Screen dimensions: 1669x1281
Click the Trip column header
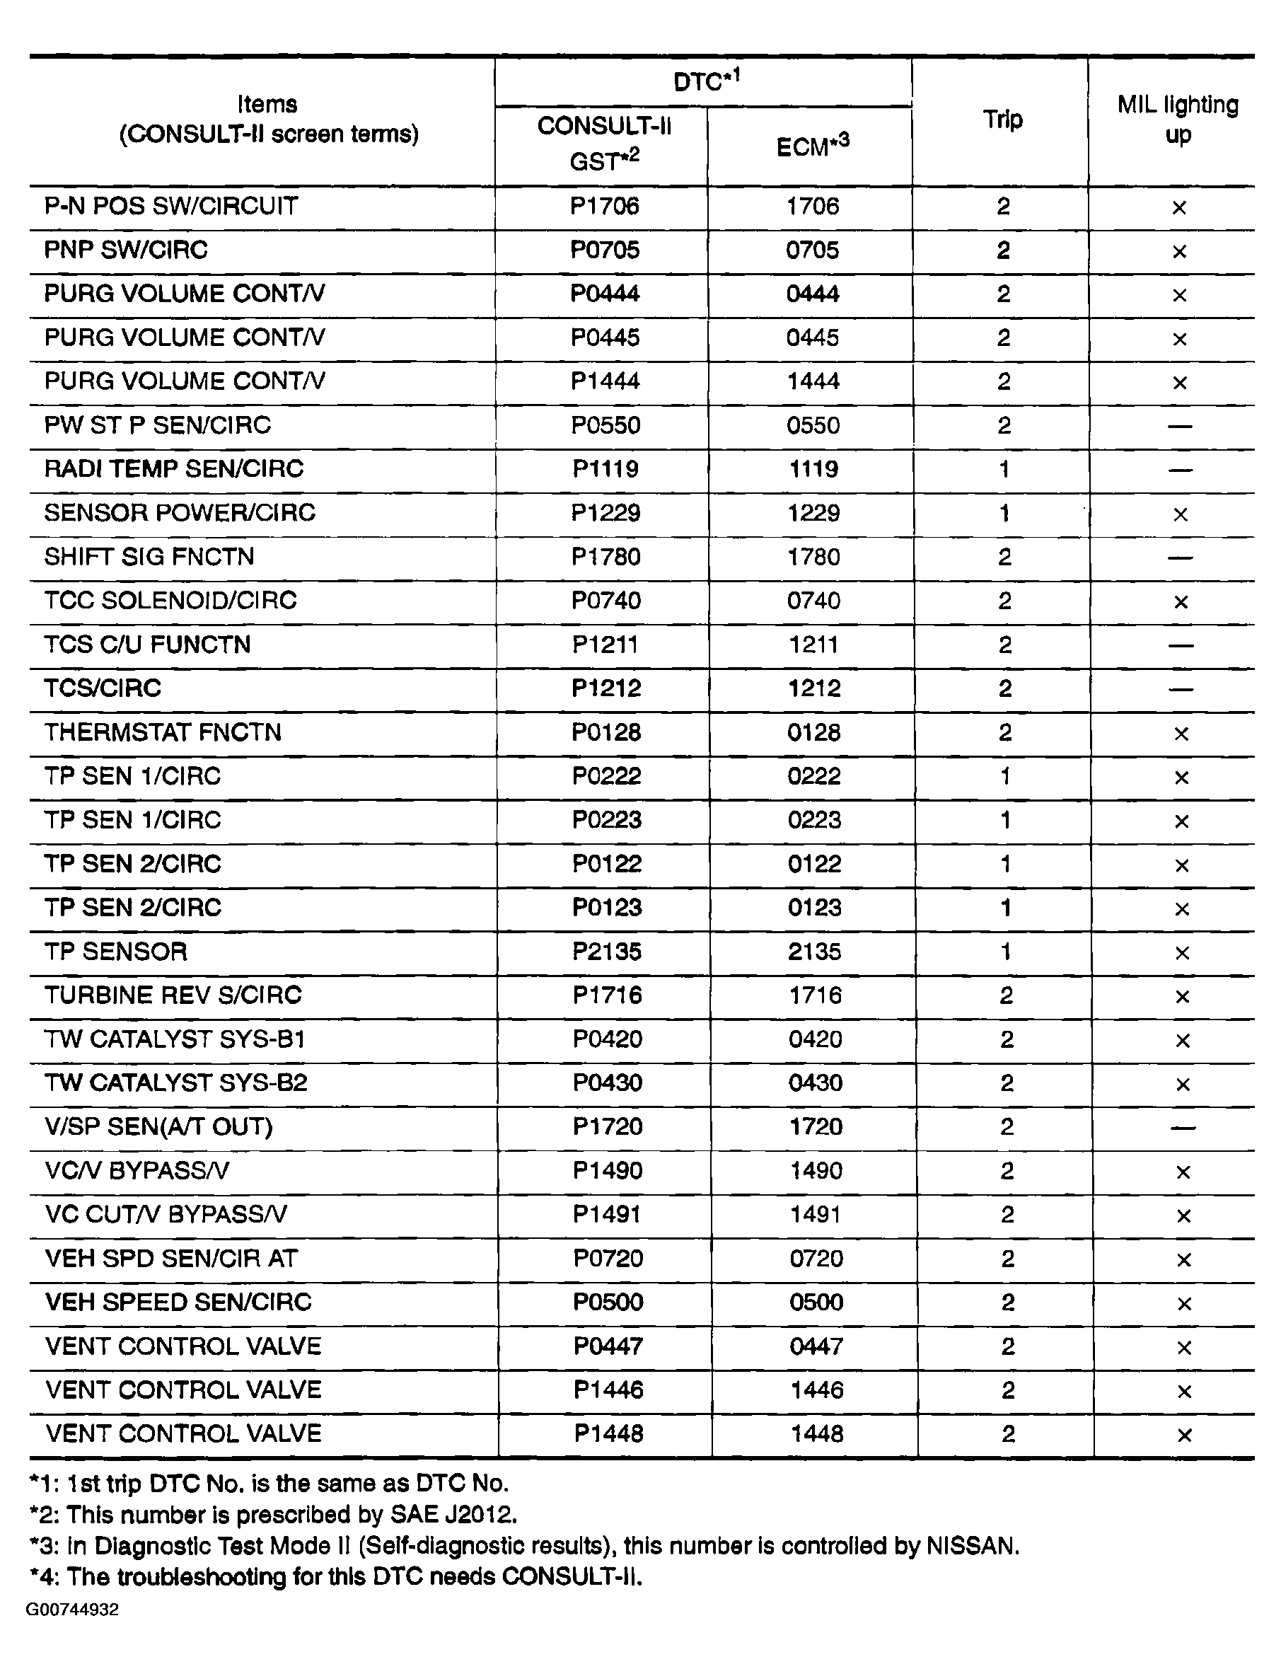[1002, 120]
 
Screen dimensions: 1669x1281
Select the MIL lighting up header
[1177, 119]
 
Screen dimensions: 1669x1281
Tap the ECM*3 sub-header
[812, 145]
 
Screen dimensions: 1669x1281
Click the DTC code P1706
[605, 206]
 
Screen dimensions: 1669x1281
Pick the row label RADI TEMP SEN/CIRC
[174, 468]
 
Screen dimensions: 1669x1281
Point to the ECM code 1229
[813, 512]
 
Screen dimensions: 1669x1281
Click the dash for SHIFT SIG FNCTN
[1180, 558]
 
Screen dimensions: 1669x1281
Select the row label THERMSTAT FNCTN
[163, 732]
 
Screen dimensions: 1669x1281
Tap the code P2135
[607, 952]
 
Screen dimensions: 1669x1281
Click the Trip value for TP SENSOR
[1006, 952]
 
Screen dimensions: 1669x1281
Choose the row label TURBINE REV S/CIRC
[173, 995]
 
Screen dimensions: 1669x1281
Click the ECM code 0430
[815, 1082]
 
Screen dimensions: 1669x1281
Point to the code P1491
[608, 1215]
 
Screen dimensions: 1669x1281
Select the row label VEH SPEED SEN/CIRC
[178, 1303]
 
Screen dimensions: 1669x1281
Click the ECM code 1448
[817, 1434]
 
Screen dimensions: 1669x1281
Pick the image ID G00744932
[72, 1610]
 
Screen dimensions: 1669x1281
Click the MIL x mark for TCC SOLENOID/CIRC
[1181, 602]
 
